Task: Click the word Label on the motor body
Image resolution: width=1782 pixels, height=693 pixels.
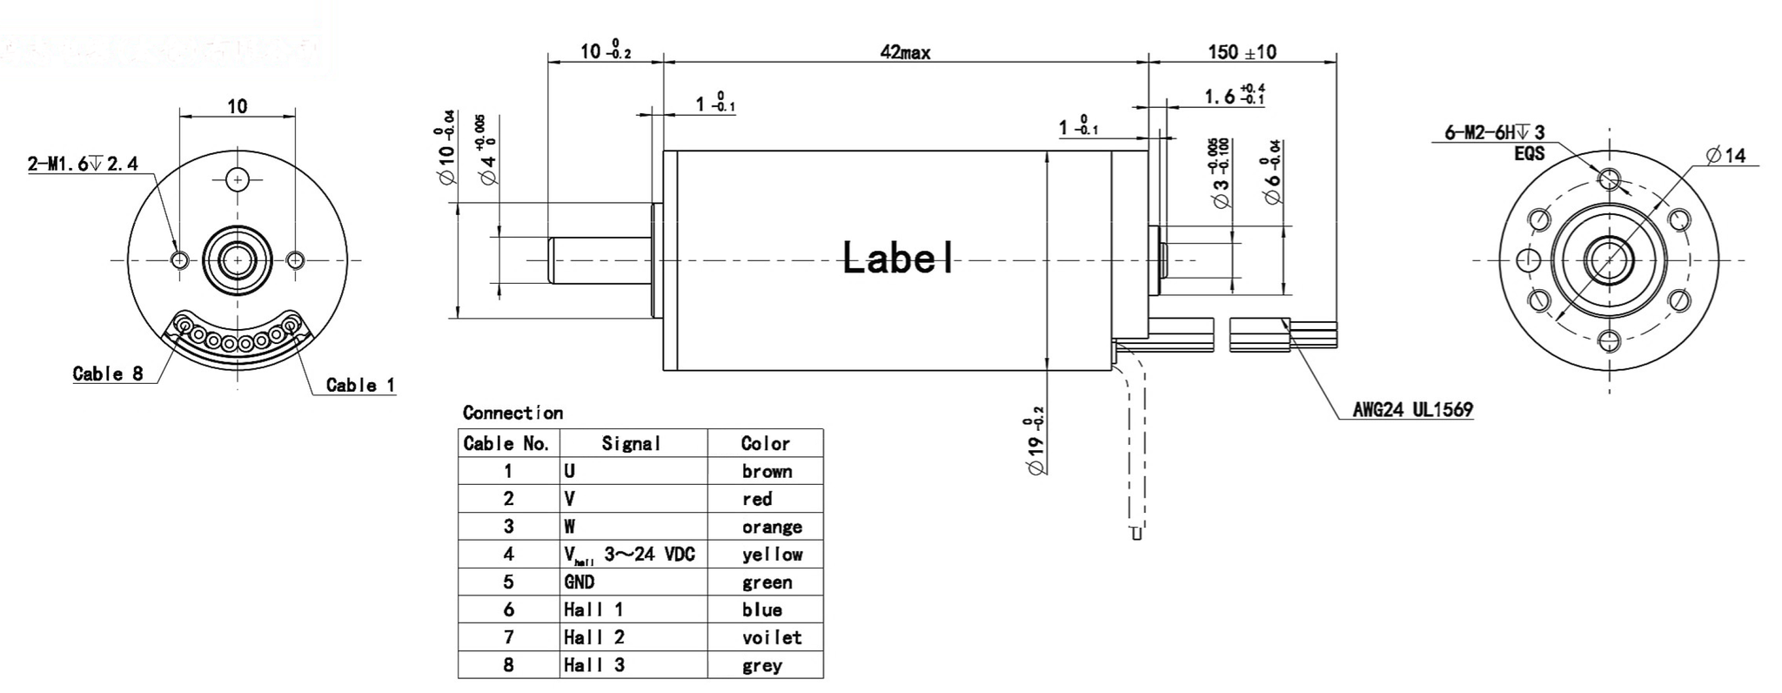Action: [897, 258]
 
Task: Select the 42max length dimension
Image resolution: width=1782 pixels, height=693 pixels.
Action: [905, 53]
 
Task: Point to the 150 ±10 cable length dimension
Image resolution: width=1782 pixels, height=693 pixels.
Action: [1242, 52]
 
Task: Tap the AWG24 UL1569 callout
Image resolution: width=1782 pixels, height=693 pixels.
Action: [1412, 409]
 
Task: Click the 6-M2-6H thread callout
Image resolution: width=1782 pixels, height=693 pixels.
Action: [1494, 133]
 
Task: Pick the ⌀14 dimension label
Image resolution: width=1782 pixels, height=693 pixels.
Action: [1726, 156]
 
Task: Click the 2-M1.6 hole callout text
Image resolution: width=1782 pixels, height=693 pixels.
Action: [83, 164]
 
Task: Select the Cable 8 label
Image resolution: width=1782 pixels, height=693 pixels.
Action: [108, 374]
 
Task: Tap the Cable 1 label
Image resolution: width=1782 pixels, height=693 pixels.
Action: [360, 385]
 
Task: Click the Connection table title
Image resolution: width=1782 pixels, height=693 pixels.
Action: [512, 413]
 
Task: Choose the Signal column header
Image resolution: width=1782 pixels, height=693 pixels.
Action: [632, 443]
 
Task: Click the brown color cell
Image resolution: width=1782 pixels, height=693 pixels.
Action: [767, 472]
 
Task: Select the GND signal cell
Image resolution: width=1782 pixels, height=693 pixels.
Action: [579, 582]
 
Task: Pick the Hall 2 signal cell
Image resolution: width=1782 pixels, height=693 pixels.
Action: [593, 637]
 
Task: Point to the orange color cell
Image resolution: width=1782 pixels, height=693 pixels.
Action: [772, 527]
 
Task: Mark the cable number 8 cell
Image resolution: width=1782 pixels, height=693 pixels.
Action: [508, 665]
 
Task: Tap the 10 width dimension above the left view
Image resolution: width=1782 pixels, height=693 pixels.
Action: [237, 106]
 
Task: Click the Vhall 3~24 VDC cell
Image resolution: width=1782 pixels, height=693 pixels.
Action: [629, 555]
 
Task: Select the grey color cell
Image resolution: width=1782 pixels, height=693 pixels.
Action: [762, 666]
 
